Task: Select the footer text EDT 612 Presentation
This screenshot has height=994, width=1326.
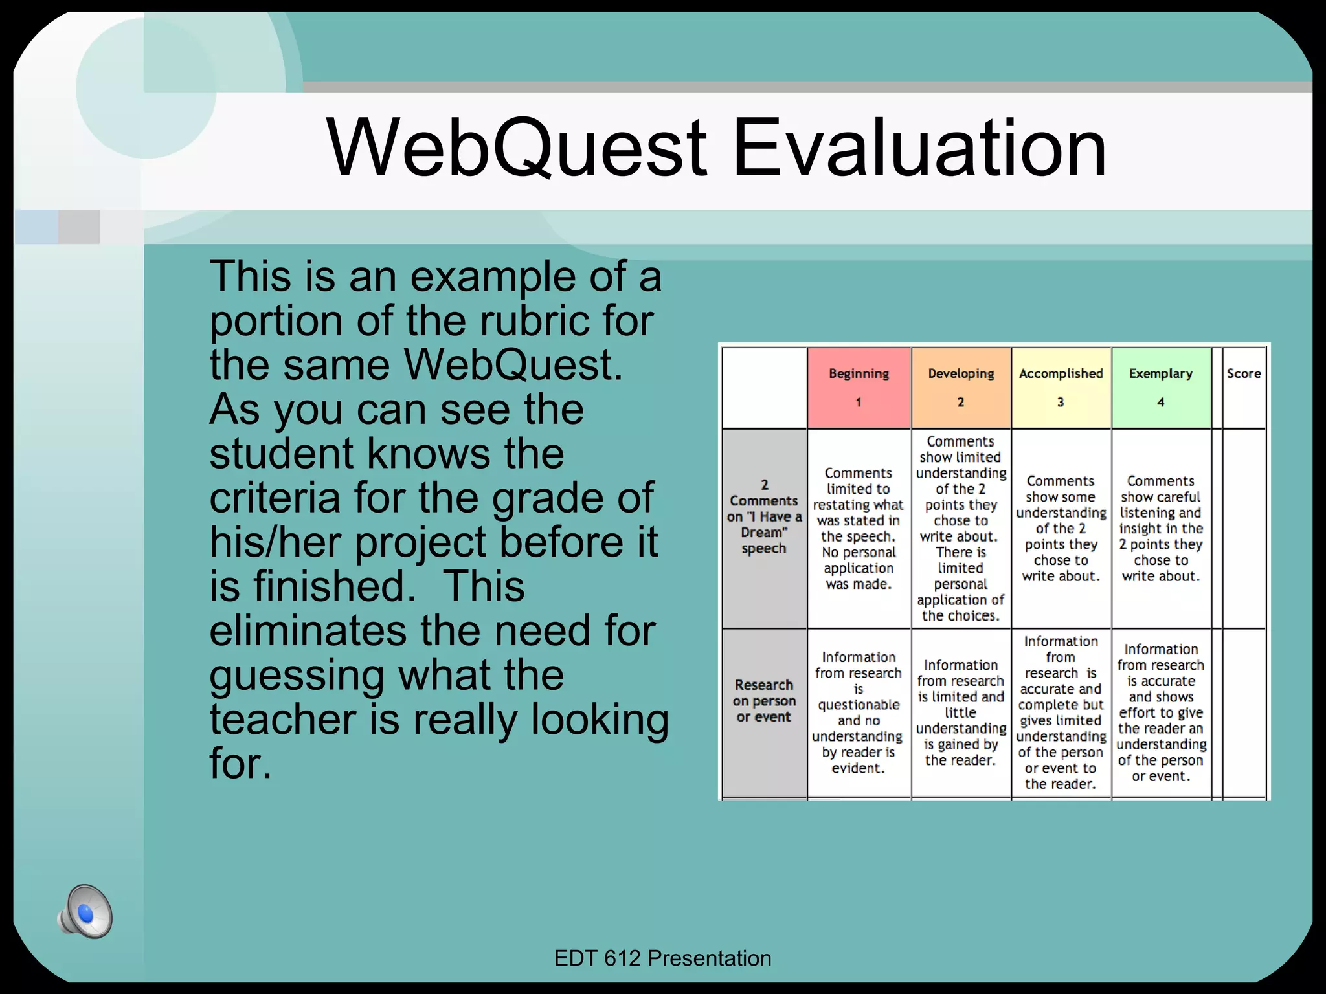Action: pyautogui.click(x=662, y=958)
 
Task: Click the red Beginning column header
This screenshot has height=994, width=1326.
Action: pyautogui.click(x=859, y=387)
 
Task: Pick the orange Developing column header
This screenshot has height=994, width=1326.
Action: pyautogui.click(x=961, y=387)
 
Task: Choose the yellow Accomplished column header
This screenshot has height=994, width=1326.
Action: pyautogui.click(x=1061, y=387)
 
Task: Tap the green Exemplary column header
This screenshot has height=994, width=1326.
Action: pyautogui.click(x=1161, y=387)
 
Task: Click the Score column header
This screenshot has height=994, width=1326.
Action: pyautogui.click(x=1244, y=387)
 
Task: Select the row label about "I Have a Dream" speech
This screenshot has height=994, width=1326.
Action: pyautogui.click(x=764, y=516)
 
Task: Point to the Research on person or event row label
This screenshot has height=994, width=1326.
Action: pyautogui.click(x=764, y=701)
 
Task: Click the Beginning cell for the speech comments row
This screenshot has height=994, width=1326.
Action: pyautogui.click(x=859, y=528)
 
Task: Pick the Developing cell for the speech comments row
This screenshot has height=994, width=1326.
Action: pyautogui.click(x=961, y=528)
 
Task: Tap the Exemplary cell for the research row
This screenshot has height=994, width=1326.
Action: pyautogui.click(x=1161, y=712)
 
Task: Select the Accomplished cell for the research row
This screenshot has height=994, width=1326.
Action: pyautogui.click(x=1061, y=712)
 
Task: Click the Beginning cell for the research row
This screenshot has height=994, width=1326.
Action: pyautogui.click(x=859, y=712)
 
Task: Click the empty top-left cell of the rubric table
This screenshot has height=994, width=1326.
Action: pyautogui.click(x=764, y=387)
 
